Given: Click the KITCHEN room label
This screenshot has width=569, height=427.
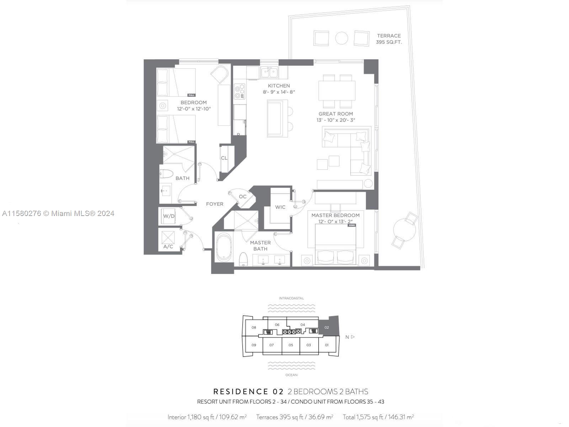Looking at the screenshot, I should [279, 86].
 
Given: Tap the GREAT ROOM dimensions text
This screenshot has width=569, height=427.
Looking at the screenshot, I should [336, 120].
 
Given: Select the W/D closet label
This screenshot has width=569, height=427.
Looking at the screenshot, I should [169, 216].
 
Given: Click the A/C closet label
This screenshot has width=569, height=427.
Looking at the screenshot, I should [168, 246].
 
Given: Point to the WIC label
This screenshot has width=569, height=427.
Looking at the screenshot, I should [280, 207].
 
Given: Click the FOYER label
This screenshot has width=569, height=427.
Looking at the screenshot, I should [215, 204].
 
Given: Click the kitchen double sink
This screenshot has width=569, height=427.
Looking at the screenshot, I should [269, 73].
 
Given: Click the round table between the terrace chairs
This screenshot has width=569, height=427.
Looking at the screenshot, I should [342, 38].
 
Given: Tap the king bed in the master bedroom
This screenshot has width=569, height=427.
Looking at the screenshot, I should [336, 246].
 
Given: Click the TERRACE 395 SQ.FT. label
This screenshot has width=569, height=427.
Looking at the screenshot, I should [389, 39].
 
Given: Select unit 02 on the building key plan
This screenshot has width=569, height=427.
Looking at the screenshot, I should [327, 327].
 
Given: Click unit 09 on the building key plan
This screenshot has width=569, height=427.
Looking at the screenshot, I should [254, 345].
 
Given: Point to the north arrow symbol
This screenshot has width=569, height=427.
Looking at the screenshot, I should [352, 337].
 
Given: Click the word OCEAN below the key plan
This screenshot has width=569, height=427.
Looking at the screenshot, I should [291, 375].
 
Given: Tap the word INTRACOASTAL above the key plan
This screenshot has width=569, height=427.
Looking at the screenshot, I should [291, 298].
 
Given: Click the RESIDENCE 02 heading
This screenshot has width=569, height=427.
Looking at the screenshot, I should [248, 392].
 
